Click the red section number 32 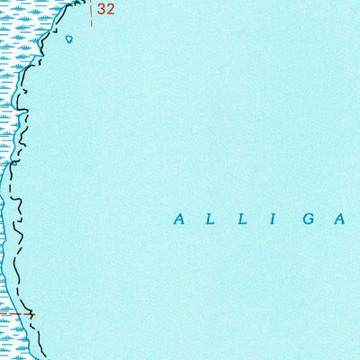106,10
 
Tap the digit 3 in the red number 102,10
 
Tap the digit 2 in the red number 111,10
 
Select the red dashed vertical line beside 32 90,11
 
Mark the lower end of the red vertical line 90,25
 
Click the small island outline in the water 70,39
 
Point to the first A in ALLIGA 179,219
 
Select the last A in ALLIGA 342,219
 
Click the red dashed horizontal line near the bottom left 13,314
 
